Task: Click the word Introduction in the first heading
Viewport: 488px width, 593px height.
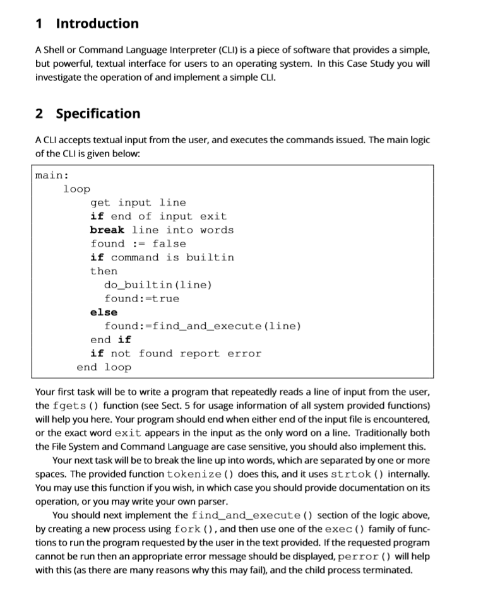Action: coord(97,24)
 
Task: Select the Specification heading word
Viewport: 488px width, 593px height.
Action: coord(98,114)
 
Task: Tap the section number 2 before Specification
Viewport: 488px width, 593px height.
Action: coord(40,114)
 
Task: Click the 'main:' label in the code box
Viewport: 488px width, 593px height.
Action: coord(52,175)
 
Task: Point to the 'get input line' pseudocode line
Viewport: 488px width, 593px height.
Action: coord(138,203)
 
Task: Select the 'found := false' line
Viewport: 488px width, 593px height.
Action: coord(138,244)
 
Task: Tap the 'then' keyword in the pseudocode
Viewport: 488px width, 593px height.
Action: coord(104,271)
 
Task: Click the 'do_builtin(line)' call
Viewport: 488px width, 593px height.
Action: coord(158,285)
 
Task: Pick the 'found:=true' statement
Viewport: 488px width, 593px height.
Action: coord(141,298)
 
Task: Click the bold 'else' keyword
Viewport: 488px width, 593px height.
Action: coord(104,312)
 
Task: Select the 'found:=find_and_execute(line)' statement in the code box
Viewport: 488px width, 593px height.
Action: coord(203,326)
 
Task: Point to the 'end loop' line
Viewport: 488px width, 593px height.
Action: coord(104,367)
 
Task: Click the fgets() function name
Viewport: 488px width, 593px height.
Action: coord(76,405)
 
